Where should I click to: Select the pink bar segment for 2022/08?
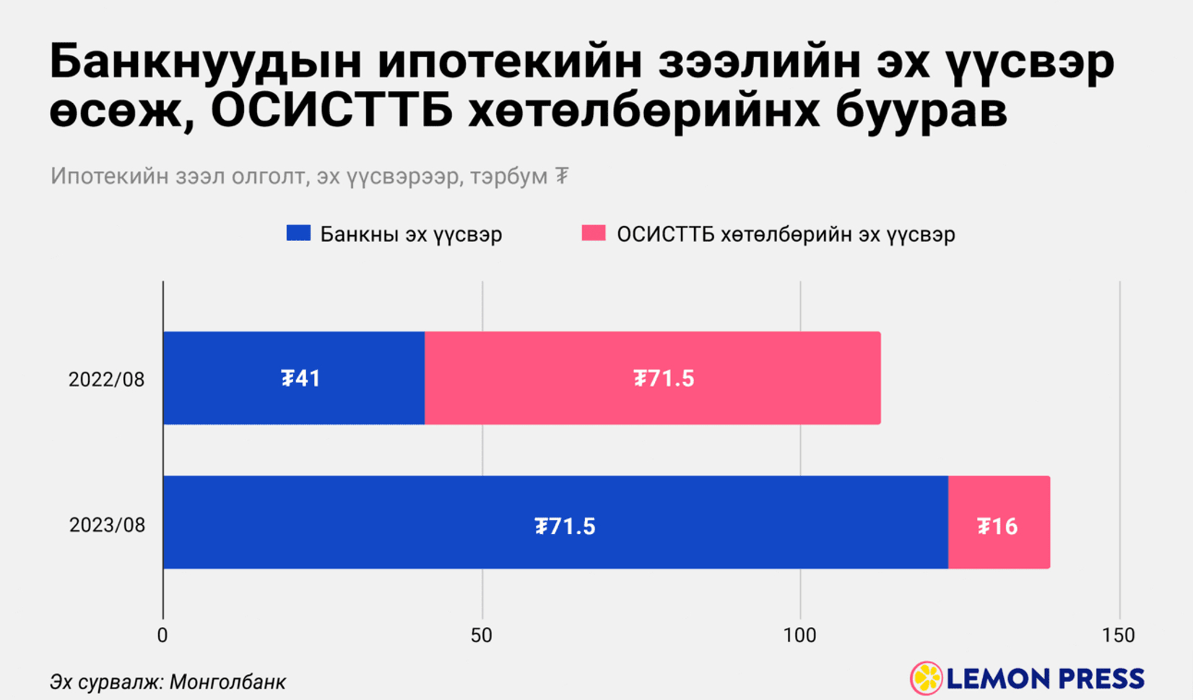(x=652, y=404)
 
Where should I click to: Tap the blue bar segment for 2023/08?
(x=433, y=548)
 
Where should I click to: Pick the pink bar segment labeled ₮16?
(x=999, y=548)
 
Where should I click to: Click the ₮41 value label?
(x=300, y=378)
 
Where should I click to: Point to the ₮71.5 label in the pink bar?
(x=664, y=378)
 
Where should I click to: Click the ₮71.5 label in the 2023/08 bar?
(x=565, y=526)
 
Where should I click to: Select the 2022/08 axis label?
(x=107, y=380)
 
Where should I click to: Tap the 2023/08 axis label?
(x=107, y=525)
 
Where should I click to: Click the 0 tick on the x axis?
(x=162, y=636)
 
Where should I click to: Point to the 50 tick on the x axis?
(x=481, y=636)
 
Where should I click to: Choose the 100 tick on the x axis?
(x=799, y=636)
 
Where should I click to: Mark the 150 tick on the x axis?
(x=1119, y=636)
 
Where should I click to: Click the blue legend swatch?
(x=298, y=233)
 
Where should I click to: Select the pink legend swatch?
(x=594, y=233)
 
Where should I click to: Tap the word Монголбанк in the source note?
(x=227, y=682)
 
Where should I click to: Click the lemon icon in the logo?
(x=926, y=678)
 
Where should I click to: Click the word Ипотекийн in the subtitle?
(x=109, y=176)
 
